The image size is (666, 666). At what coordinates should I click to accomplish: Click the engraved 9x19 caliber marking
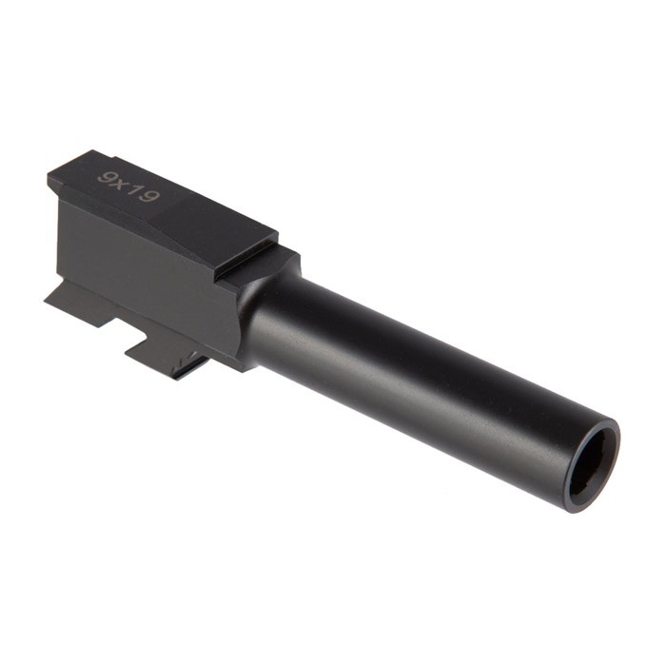pos(127,186)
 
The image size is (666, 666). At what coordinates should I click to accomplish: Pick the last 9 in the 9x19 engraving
pos(148,196)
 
